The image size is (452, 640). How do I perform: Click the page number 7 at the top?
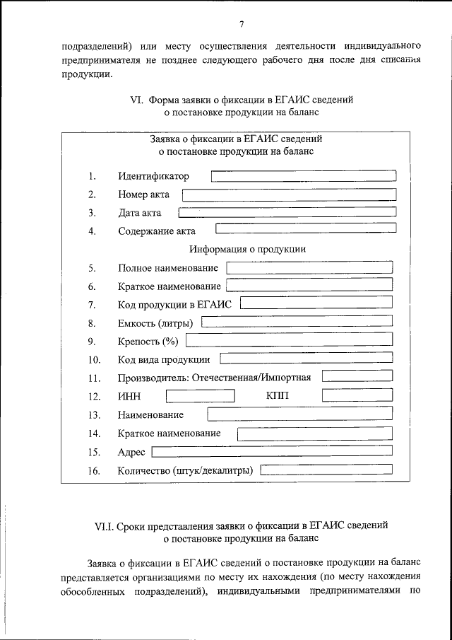click(x=242, y=24)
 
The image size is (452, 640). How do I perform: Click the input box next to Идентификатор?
click(x=304, y=175)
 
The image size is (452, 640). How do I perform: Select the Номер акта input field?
click(x=289, y=194)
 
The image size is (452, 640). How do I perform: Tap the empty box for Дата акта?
click(x=287, y=212)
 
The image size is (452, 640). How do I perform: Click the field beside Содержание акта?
click(x=305, y=229)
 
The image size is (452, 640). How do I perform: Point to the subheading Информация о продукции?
click(x=247, y=249)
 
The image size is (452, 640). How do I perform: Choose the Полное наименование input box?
click(x=309, y=268)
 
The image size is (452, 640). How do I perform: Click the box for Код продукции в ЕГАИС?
click(x=316, y=304)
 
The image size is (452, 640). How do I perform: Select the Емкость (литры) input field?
click(x=297, y=322)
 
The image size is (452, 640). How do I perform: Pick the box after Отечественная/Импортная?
click(x=357, y=377)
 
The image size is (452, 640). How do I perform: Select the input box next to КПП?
click(x=357, y=396)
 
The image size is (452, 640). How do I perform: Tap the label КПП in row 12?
click(x=278, y=395)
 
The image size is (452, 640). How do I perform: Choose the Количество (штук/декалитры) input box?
click(x=326, y=469)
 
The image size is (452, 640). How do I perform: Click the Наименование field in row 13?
click(x=300, y=414)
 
